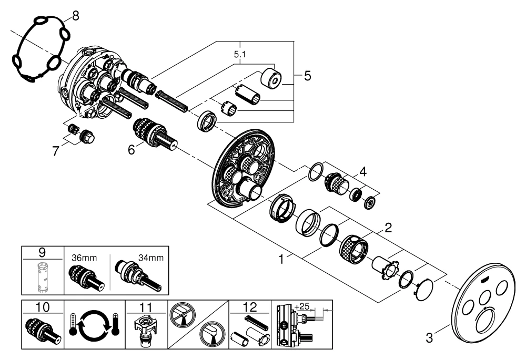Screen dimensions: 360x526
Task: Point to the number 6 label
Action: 131,149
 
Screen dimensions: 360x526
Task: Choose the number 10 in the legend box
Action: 42,306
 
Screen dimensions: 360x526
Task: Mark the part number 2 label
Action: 388,229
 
